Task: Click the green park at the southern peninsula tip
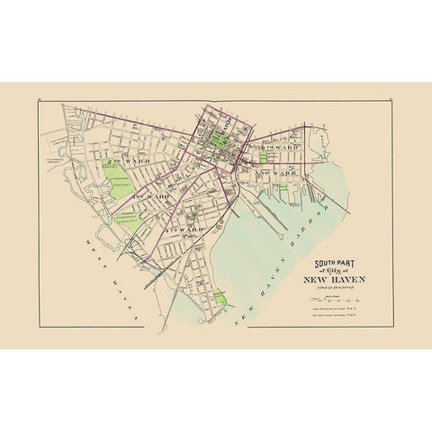tap(220, 295)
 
